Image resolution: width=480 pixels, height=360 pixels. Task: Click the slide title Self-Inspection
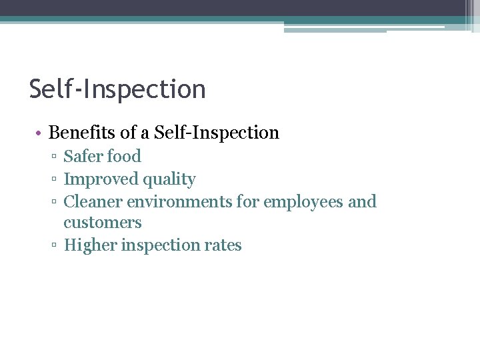pyautogui.click(x=117, y=89)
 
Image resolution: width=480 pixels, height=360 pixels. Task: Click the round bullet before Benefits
pyautogui.click(x=40, y=133)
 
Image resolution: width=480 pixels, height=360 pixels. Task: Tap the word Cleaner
pyautogui.click(x=93, y=201)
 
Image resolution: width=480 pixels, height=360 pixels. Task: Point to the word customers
pyautogui.click(x=103, y=223)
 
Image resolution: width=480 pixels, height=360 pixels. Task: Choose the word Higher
pyautogui.click(x=87, y=245)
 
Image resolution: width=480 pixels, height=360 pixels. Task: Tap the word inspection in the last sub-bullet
pyautogui.click(x=159, y=246)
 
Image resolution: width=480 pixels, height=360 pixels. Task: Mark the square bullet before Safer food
pyautogui.click(x=53, y=157)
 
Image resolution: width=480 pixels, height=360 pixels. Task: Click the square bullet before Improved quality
pyautogui.click(x=53, y=180)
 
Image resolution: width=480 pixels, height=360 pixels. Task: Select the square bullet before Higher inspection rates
pyautogui.click(x=53, y=246)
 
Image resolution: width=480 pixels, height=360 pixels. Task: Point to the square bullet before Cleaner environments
pyautogui.click(x=53, y=202)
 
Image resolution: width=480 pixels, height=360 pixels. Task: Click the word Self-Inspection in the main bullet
pyautogui.click(x=217, y=133)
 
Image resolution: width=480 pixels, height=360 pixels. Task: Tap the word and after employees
pyautogui.click(x=362, y=201)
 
